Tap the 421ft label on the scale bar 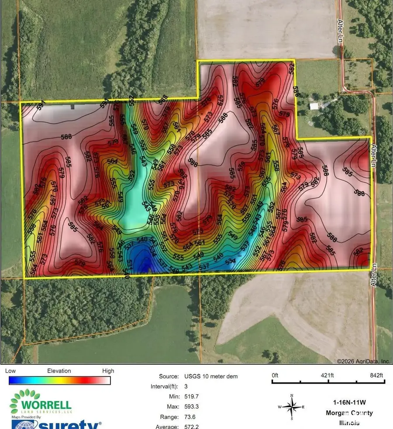(327, 375)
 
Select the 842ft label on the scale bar (376, 375)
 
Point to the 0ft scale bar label (275, 375)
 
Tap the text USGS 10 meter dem (211, 376)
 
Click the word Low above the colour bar (10, 371)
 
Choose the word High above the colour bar (108, 371)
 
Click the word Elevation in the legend (59, 371)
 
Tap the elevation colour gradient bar (59, 380)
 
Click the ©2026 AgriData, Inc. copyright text (363, 361)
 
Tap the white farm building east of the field (314, 106)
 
